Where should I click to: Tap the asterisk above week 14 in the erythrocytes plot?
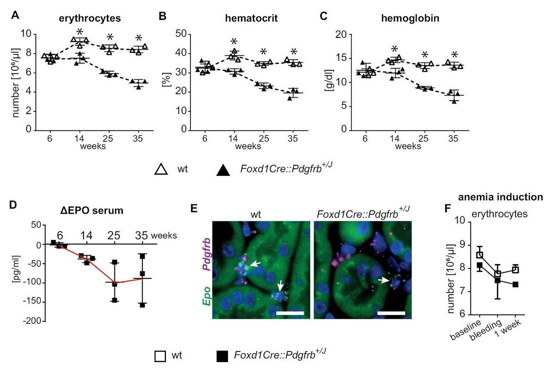coord(80,32)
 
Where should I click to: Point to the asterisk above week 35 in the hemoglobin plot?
coord(455,55)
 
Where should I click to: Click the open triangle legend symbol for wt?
coord(162,169)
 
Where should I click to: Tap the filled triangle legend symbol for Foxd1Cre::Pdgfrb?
coord(223,170)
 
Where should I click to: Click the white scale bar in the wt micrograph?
coord(289,313)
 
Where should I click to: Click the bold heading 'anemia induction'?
coord(501,196)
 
